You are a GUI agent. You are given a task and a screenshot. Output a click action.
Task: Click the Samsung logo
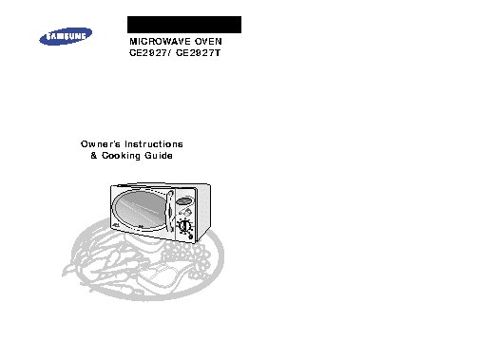click(65, 38)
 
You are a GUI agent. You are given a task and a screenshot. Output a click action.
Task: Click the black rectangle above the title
click(184, 25)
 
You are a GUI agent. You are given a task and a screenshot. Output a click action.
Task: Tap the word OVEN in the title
click(216, 44)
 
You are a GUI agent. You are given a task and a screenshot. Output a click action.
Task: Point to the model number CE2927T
click(207, 56)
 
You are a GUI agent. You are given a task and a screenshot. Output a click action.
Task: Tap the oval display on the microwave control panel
click(186, 200)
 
